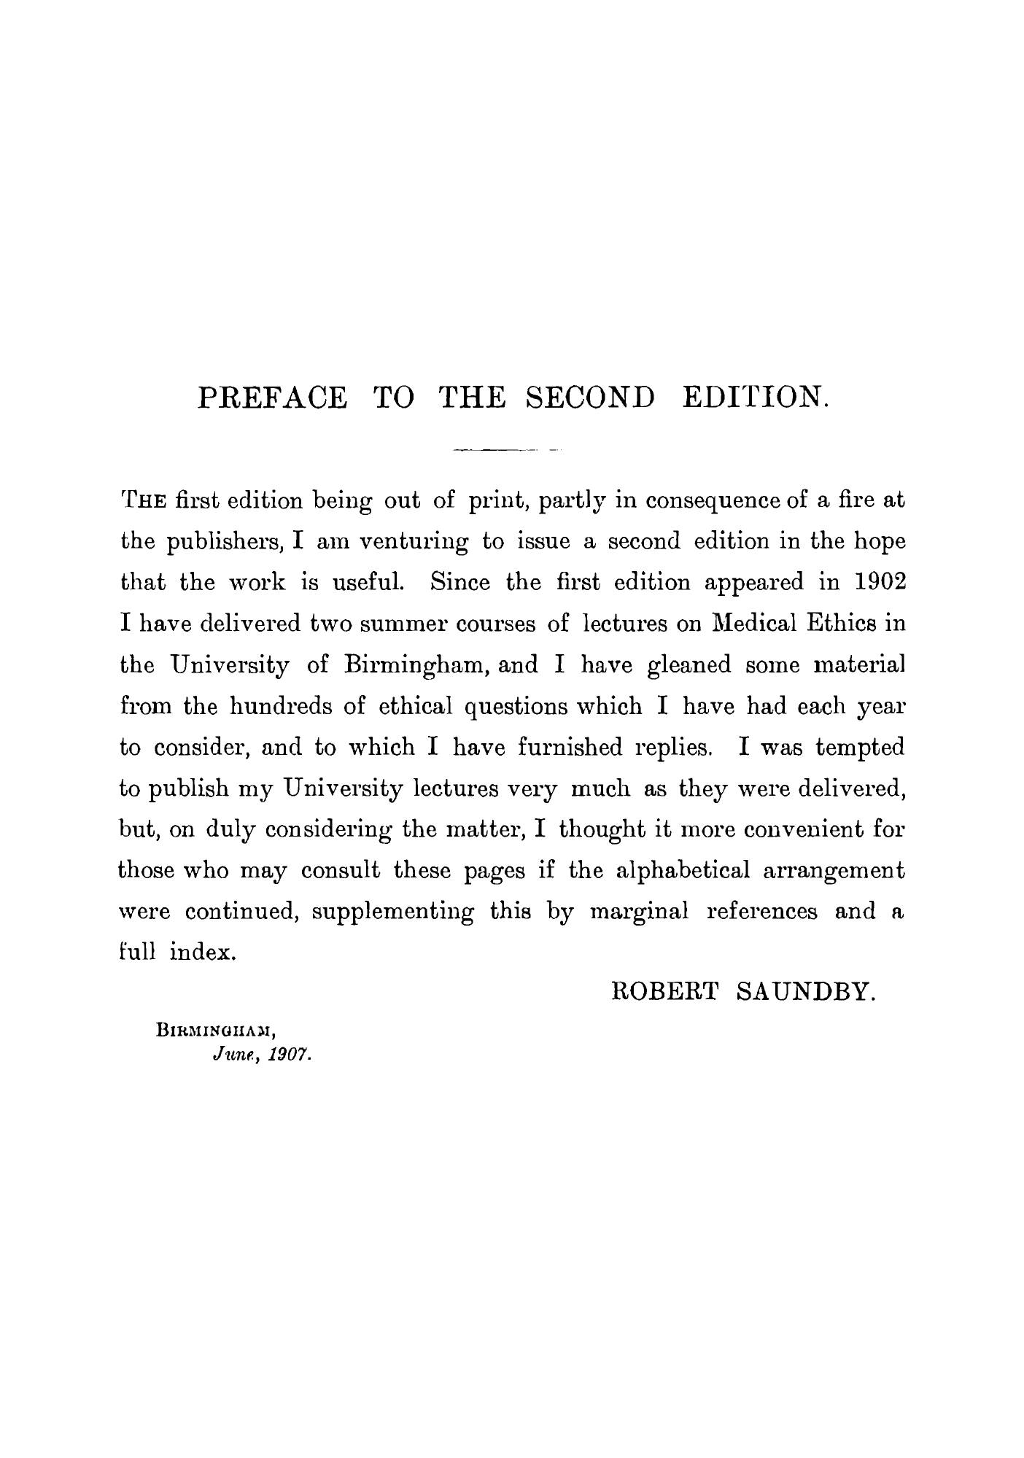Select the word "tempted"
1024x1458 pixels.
[861, 748]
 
